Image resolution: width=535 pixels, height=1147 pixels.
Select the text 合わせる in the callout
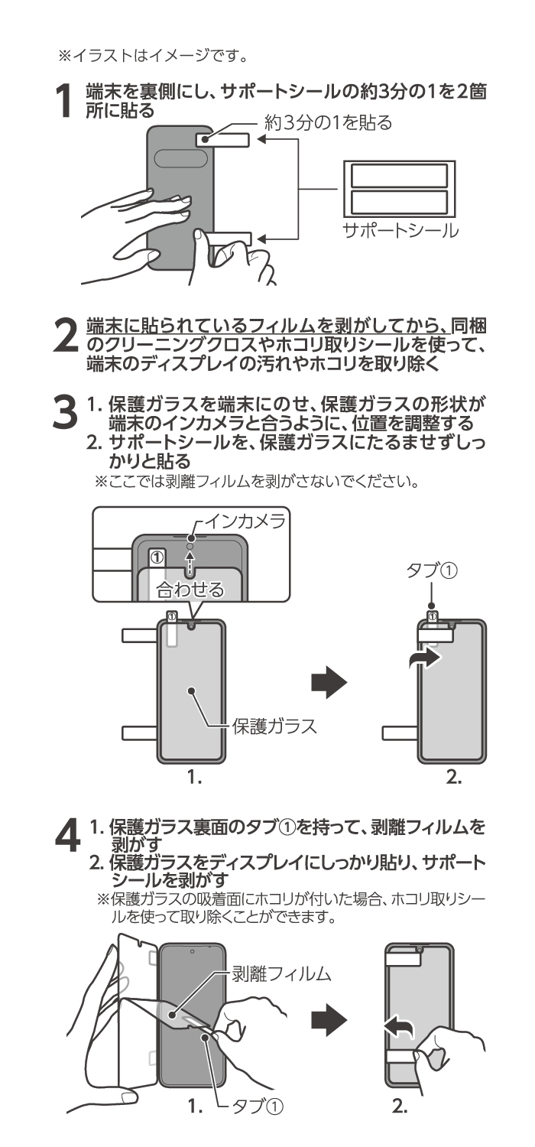click(190, 589)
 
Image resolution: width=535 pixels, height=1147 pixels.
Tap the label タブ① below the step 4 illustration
click(257, 1106)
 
